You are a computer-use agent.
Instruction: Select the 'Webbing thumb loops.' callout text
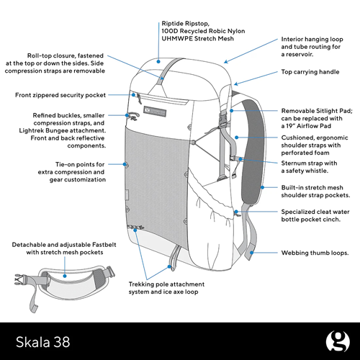[x=315, y=253]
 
